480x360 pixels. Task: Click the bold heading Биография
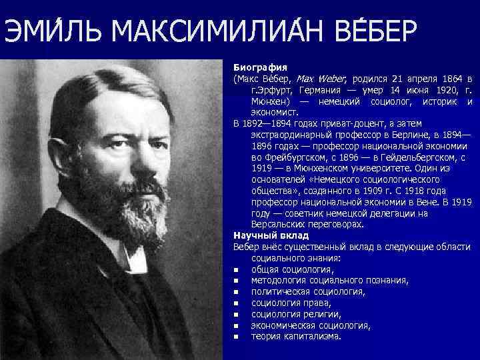[x=260, y=68]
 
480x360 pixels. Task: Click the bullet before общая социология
[x=237, y=270]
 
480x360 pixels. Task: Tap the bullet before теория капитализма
[x=237, y=337]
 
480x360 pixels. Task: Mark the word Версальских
[x=279, y=225]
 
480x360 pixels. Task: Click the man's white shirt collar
[x=137, y=257]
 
